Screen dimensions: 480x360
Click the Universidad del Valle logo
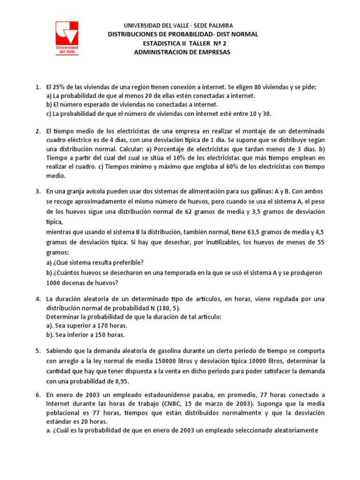click(67, 37)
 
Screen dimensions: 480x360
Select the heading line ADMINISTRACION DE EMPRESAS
click(182, 52)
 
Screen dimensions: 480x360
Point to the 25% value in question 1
click(59, 87)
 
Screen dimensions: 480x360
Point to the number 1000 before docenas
click(55, 283)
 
